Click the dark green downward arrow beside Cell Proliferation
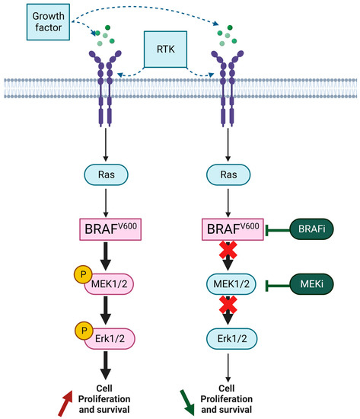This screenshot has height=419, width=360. [183, 401]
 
